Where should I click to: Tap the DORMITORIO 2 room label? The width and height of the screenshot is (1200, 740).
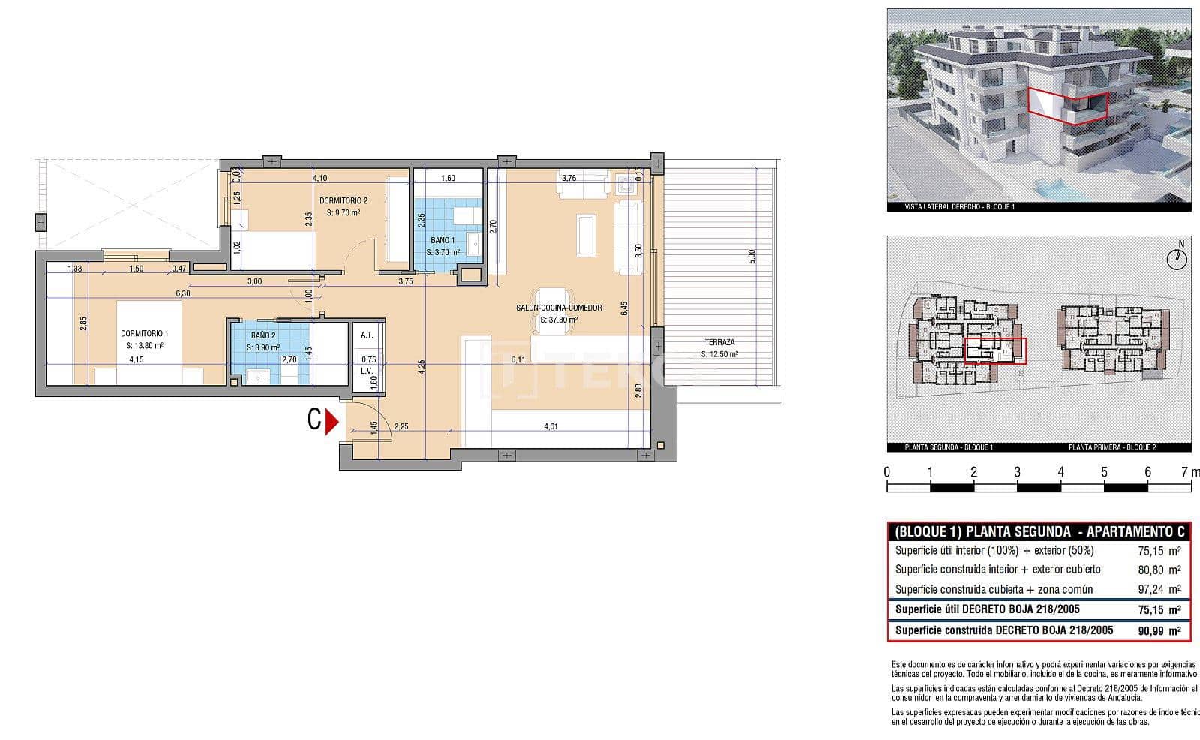343,200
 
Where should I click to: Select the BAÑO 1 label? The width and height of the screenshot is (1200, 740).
442,240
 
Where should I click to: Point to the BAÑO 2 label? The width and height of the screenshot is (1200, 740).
263,335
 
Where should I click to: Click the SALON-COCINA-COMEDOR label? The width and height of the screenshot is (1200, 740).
559,308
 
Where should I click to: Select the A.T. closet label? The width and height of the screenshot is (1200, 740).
367,335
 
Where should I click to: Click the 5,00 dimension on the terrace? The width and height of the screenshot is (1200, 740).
751,256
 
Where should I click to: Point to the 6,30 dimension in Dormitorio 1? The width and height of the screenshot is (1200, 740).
181,293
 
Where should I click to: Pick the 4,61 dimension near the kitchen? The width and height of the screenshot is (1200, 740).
550,426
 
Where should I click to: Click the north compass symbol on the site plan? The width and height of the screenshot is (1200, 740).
1179,257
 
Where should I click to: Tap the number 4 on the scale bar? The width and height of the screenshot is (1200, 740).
1060,472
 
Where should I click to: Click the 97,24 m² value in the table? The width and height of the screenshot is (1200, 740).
1159,589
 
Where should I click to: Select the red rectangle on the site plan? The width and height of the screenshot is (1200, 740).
994,350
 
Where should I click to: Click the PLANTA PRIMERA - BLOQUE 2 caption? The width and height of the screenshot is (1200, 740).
1112,447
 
